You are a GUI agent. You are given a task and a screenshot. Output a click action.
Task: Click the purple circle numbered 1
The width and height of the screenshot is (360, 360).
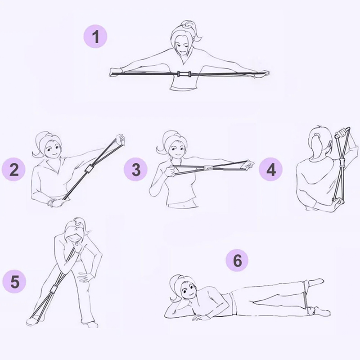pyautogui.click(x=95, y=36)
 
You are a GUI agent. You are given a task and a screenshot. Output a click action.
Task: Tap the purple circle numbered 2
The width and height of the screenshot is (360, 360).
pyautogui.click(x=13, y=170)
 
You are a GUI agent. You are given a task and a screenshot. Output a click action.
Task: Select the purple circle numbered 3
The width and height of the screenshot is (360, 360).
pyautogui.click(x=136, y=170)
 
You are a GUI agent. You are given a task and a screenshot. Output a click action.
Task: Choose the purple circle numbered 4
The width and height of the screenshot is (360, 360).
pyautogui.click(x=271, y=170)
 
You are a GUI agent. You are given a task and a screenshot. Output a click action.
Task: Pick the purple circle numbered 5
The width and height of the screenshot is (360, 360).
pyautogui.click(x=14, y=282)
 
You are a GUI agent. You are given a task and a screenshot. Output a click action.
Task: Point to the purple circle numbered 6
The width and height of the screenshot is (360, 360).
pyautogui.click(x=237, y=261)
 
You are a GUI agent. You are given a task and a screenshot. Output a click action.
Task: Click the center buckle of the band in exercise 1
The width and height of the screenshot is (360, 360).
pyautogui.click(x=184, y=74)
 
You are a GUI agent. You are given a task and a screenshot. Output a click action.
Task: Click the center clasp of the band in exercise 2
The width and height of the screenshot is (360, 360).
pyautogui.click(x=89, y=169)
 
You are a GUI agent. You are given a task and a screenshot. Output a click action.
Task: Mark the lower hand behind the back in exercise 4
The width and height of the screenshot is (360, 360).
pyautogui.click(x=338, y=202)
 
